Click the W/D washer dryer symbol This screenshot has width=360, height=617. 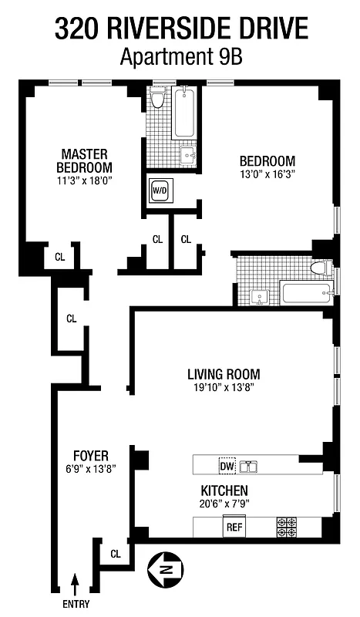[160, 190]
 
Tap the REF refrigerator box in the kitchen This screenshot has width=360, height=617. [234, 528]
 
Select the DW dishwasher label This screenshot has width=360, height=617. [227, 466]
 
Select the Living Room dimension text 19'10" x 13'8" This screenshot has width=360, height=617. [223, 387]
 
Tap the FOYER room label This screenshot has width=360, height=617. [91, 455]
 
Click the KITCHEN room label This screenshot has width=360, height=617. [224, 491]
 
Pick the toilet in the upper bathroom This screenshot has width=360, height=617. [158, 99]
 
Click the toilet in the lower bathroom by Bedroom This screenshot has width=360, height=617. [320, 268]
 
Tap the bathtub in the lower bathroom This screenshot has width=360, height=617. [307, 293]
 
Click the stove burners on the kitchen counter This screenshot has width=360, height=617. [286, 528]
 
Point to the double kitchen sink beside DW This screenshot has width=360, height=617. [248, 466]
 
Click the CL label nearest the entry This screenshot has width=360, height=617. [116, 553]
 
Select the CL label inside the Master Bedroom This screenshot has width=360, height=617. [59, 257]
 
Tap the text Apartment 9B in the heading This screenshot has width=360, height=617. [180, 56]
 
